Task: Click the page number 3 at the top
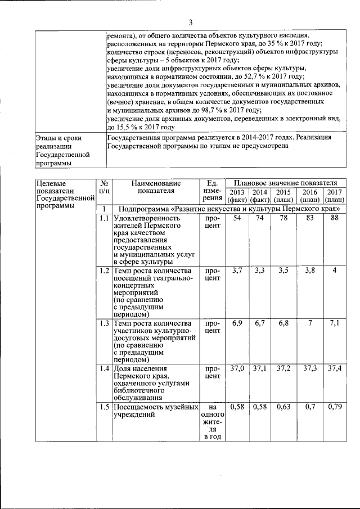click(190, 22)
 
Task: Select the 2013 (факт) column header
click(237, 195)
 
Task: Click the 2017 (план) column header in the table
click(334, 195)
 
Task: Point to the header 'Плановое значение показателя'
click(285, 183)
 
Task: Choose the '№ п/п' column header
click(103, 187)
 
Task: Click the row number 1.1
click(103, 218)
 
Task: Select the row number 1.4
click(103, 369)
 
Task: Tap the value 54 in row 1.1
click(237, 218)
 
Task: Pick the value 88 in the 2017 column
click(334, 218)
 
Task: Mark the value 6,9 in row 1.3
click(237, 323)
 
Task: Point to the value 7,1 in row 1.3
click(334, 323)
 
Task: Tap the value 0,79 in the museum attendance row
click(334, 407)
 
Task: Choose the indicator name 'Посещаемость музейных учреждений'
click(156, 411)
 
